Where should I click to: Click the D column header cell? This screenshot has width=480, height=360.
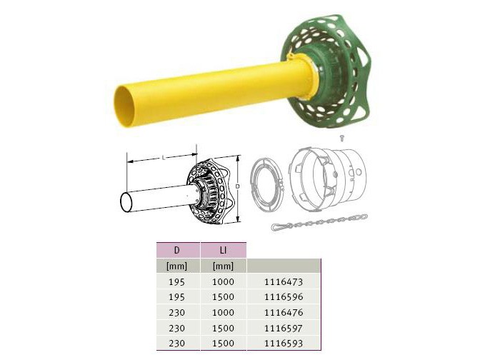pos(178,250)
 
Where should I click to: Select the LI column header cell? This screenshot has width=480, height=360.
pos(223,250)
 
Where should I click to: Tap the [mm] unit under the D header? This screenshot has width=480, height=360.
pos(176,266)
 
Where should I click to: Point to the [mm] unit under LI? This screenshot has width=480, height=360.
pos(223,266)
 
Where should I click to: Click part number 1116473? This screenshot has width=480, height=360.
pos(284,281)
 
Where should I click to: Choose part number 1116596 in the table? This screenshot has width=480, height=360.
pos(284,297)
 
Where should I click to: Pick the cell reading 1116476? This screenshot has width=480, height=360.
pos(284,313)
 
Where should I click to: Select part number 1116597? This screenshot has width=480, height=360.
pos(284,328)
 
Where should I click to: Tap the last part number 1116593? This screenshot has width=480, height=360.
pos(284,343)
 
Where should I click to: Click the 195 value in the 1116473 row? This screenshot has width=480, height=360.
pos(176,281)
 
